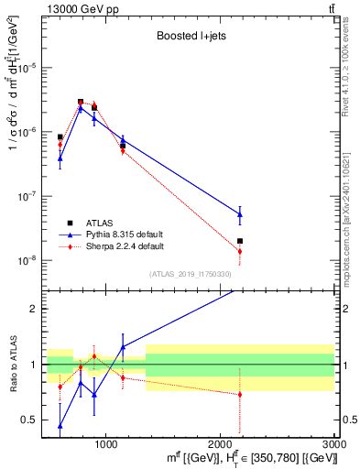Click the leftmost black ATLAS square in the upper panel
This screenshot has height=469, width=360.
click(60, 136)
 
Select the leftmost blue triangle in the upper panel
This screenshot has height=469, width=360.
click(60, 158)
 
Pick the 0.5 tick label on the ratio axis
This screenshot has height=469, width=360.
click(29, 420)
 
